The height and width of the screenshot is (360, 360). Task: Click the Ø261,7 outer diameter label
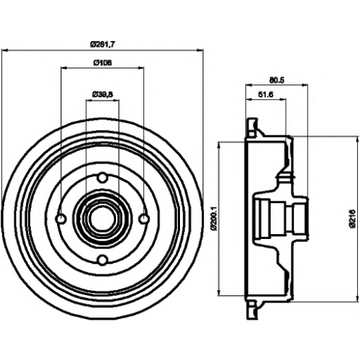point(102,44)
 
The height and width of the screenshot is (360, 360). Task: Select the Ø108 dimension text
point(102,63)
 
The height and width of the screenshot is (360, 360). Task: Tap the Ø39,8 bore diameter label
point(102,94)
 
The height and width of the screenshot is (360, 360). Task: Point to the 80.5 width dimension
point(276,81)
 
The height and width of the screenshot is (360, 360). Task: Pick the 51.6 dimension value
point(266,94)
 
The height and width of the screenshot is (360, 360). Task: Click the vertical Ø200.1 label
point(214,218)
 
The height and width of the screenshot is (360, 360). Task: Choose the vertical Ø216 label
point(352,218)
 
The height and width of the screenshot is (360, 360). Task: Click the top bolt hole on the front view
point(102,178)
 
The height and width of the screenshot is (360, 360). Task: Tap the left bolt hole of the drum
point(61,219)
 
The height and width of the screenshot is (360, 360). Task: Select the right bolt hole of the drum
point(144,219)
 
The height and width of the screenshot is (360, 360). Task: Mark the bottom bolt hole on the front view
point(102,259)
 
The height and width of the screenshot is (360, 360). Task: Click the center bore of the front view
point(102,218)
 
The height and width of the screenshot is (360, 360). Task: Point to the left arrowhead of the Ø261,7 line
point(4,50)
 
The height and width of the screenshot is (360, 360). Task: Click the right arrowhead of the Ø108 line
point(141,68)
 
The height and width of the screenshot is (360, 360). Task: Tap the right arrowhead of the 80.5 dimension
point(305,84)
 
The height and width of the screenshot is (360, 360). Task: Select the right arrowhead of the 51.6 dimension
point(283,99)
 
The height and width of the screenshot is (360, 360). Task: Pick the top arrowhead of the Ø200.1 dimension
point(219,145)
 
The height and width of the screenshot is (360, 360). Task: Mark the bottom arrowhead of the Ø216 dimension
point(356,299)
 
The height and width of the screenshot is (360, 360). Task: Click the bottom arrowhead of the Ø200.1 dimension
point(219,292)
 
